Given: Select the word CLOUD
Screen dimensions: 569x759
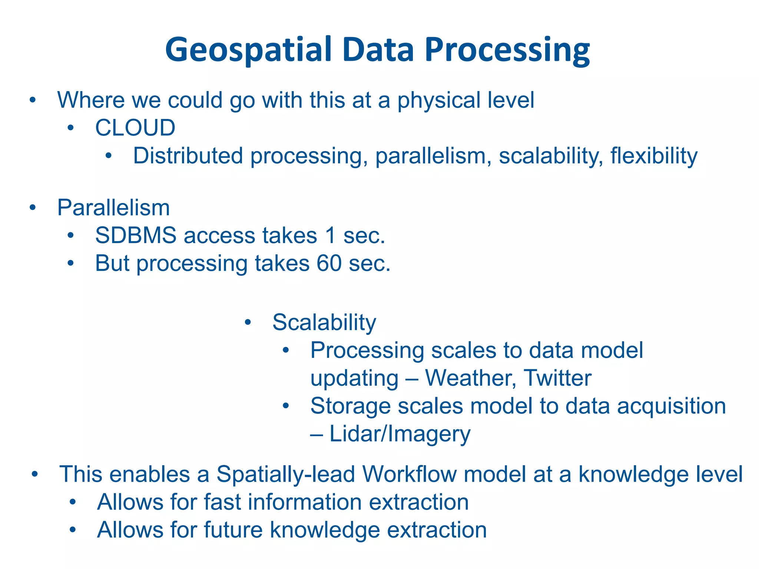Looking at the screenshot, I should click(x=135, y=128).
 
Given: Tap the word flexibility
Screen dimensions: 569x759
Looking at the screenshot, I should click(x=654, y=156).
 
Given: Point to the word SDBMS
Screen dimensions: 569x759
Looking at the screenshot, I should click(x=136, y=236).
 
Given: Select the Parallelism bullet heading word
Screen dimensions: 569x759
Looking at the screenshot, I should click(x=113, y=208).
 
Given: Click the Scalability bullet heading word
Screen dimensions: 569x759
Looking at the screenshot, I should click(x=324, y=323).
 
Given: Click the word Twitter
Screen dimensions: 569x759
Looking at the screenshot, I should click(x=557, y=378).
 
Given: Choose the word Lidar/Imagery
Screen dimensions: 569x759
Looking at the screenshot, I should click(x=400, y=434).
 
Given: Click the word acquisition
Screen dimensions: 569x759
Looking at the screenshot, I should click(x=671, y=406).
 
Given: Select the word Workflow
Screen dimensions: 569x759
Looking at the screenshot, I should click(x=409, y=474).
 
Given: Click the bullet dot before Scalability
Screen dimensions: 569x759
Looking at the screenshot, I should click(x=248, y=323).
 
